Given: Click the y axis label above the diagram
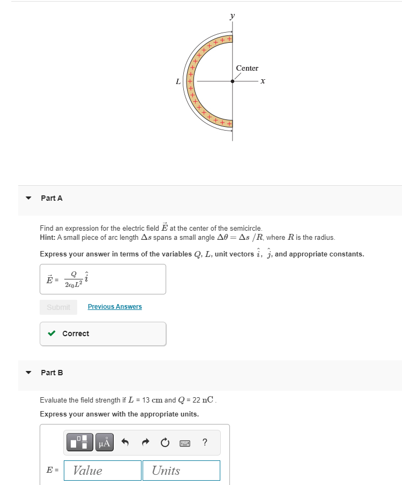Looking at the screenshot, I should pyautogui.click(x=232, y=16).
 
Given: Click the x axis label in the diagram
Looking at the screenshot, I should pyautogui.click(x=263, y=81).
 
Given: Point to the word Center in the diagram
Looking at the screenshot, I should pyautogui.click(x=247, y=68).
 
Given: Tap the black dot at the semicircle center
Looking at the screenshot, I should pyautogui.click(x=232, y=81).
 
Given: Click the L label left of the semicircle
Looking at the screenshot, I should pyautogui.click(x=178, y=82).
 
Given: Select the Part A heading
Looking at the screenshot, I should pyautogui.click(x=51, y=198).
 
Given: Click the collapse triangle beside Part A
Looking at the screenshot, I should pyautogui.click(x=29, y=198).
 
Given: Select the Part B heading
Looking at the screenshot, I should pyautogui.click(x=51, y=373).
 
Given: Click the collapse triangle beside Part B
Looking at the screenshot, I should pyautogui.click(x=29, y=373).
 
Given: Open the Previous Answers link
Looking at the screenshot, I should pyautogui.click(x=115, y=307).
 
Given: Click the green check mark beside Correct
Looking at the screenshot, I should pyautogui.click(x=51, y=334).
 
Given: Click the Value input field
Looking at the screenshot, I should pyautogui.click(x=102, y=471).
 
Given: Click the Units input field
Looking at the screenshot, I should pyautogui.click(x=181, y=471).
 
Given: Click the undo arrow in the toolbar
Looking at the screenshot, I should pyautogui.click(x=125, y=442).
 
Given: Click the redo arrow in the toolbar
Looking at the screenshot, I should pyautogui.click(x=145, y=442).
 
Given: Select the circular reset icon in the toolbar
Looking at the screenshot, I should pyautogui.click(x=165, y=442).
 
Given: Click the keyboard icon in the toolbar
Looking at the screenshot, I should pyautogui.click(x=185, y=443).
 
